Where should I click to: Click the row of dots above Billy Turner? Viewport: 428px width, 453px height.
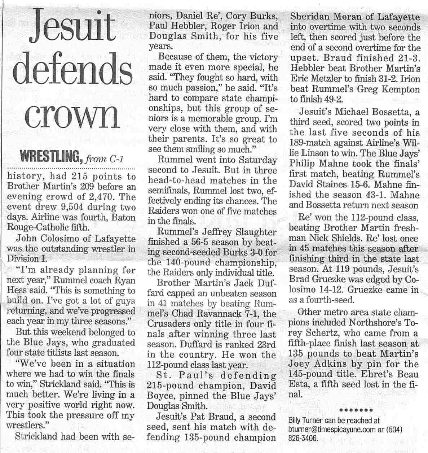coord(356,410)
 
